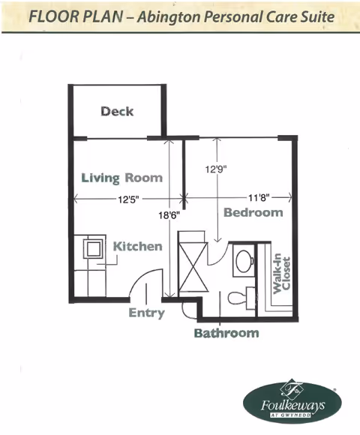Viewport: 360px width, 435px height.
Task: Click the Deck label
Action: pos(117,111)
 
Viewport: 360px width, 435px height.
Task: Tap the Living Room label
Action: pos(122,178)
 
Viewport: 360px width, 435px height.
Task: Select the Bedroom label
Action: pos(253,212)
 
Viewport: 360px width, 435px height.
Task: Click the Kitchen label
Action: pos(138,246)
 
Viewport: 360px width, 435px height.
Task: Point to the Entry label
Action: pos(147,313)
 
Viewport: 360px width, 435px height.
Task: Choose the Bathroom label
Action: pos(226,333)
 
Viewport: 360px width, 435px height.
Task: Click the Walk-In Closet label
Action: pos(281,274)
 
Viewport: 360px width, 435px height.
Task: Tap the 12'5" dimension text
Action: pos(128,199)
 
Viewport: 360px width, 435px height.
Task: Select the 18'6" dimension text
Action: pos(169,215)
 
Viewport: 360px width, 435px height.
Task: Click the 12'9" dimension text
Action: pos(216,169)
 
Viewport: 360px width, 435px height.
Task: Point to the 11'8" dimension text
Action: pos(259,198)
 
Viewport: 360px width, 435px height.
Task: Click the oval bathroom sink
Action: pos(244,260)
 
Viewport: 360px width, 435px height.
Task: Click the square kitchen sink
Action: pos(93,248)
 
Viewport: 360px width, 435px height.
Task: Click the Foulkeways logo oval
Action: pos(292,402)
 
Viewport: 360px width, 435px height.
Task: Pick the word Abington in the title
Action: pos(169,17)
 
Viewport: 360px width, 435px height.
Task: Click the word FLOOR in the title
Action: pos(52,16)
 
